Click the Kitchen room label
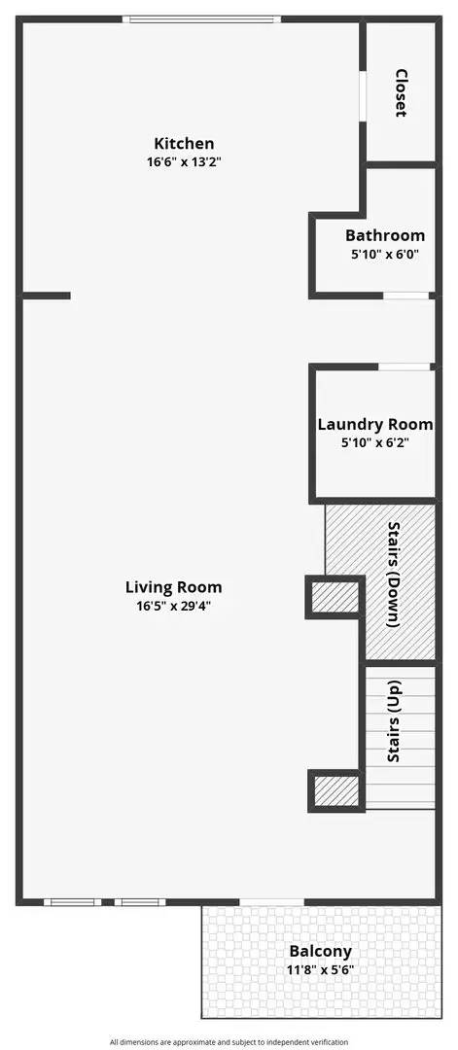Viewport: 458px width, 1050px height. click(x=184, y=143)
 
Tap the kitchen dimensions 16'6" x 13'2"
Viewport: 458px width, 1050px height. click(x=184, y=161)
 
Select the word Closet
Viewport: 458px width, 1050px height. click(x=401, y=93)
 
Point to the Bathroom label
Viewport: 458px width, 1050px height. click(x=385, y=235)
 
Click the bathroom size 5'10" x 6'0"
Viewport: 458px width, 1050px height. click(x=385, y=255)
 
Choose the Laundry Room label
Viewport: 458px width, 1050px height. click(x=375, y=425)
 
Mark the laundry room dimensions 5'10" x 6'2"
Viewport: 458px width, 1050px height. click(x=375, y=442)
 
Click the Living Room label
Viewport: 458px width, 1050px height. click(x=173, y=588)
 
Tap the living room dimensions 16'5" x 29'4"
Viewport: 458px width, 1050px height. click(x=173, y=606)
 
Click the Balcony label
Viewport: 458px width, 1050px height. click(x=320, y=951)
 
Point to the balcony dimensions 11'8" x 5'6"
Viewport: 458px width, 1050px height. click(x=320, y=969)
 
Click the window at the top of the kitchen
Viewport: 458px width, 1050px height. click(x=201, y=19)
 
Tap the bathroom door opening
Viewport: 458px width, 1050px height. click(x=405, y=296)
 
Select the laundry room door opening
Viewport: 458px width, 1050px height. click(x=404, y=367)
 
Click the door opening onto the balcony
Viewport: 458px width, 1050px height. click(x=272, y=902)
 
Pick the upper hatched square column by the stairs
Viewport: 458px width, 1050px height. click(x=335, y=597)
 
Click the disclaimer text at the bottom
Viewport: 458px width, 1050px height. click(x=229, y=1042)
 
